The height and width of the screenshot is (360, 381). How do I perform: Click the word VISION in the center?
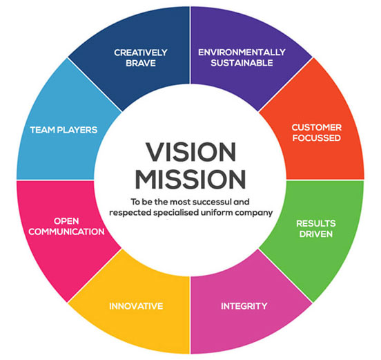(191, 152)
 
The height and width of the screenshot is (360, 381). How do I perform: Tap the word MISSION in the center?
(190, 179)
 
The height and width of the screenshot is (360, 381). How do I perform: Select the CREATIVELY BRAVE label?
(141, 57)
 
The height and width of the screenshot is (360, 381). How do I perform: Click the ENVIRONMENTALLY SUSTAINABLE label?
(242, 57)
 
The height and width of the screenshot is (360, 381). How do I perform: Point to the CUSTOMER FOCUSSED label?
(317, 133)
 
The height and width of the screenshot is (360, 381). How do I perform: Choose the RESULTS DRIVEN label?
(316, 229)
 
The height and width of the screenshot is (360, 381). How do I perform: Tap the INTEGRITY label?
(244, 306)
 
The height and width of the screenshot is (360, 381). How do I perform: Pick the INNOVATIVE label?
(136, 306)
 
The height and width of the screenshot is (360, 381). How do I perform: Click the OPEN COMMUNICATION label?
(66, 226)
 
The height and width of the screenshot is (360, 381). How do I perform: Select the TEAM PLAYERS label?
(63, 130)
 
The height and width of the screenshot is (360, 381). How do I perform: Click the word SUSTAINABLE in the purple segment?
(242, 63)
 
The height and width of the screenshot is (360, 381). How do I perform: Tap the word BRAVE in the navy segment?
(141, 64)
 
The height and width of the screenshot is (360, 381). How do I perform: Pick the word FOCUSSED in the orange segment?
(317, 138)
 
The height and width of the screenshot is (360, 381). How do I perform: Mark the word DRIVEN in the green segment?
(316, 234)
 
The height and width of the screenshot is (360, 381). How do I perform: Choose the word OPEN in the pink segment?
(66, 221)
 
